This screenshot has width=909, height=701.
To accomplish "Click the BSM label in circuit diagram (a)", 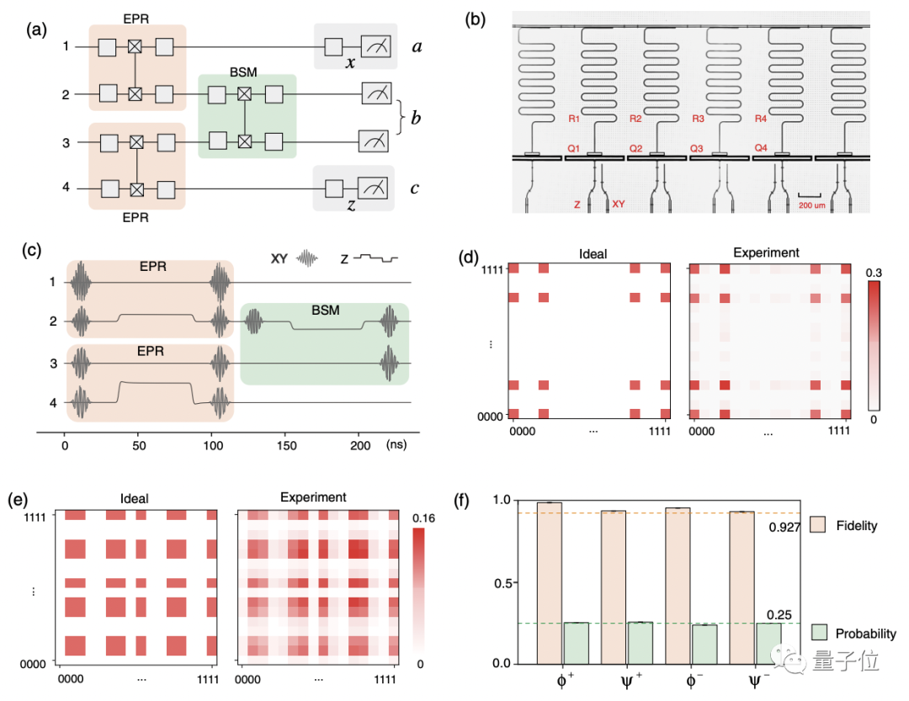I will click(x=244, y=66).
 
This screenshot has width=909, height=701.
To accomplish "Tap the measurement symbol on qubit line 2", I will click(x=374, y=93).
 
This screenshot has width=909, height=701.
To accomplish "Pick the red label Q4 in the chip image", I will click(x=760, y=148).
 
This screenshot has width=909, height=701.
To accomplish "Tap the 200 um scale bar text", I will click(x=811, y=205).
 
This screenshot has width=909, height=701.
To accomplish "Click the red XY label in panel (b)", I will click(x=619, y=204).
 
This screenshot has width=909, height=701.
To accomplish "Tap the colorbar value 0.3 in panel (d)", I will click(x=873, y=273).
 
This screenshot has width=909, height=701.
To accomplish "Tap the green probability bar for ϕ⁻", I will click(x=704, y=644).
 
